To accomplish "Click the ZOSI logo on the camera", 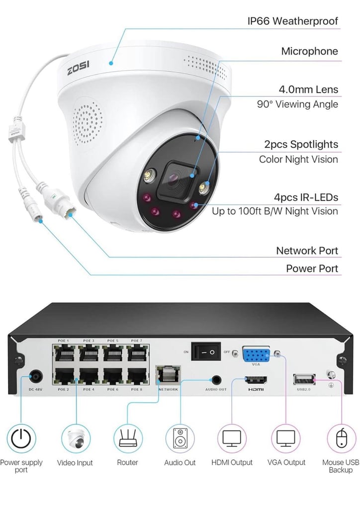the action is [78, 68].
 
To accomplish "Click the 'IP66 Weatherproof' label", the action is [292, 21].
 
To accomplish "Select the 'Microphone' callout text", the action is [309, 51].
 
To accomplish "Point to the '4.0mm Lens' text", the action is [308, 89].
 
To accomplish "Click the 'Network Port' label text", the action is [307, 251].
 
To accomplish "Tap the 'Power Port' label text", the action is [312, 268].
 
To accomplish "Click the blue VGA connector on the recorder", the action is [256, 355].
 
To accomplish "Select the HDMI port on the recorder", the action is [256, 380].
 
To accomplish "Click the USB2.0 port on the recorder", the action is [304, 380].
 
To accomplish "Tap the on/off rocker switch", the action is [206, 351].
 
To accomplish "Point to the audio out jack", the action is [216, 380].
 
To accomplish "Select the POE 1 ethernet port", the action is [65, 353].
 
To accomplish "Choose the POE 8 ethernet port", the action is [137, 377].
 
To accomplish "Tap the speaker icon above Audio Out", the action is [180, 438].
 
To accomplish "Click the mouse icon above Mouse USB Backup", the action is [341, 438].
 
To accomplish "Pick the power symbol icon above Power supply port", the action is [21, 438].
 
